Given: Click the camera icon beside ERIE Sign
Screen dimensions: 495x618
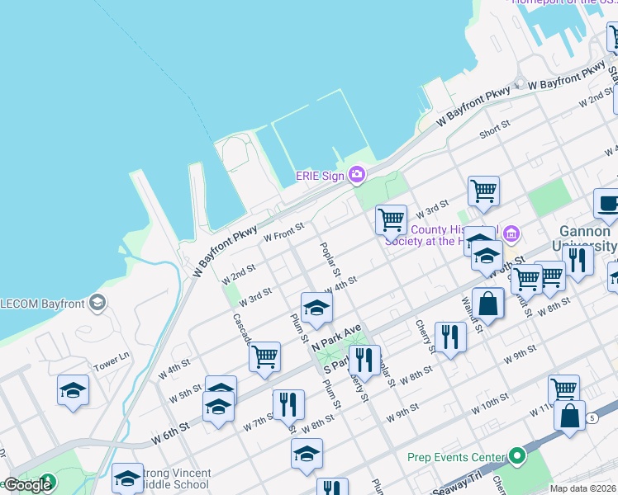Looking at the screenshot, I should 357,173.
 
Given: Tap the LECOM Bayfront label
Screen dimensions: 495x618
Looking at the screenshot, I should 41,302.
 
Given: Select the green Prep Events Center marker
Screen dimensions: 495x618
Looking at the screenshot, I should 517,455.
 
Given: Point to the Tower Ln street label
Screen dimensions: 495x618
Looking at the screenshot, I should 112,361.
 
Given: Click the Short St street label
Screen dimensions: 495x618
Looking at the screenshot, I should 496,130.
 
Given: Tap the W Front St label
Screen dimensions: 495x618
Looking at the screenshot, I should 284,232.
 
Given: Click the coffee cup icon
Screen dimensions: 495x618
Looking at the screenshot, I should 608,203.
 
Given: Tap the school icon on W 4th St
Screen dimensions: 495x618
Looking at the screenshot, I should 316,307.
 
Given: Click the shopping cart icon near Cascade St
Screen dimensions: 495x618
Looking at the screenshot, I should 264,356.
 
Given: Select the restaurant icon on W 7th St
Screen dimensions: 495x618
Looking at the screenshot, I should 288,403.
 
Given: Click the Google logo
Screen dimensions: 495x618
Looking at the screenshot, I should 26,484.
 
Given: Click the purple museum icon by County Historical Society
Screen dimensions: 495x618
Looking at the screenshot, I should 511,236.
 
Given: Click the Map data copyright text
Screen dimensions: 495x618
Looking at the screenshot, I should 582,488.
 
